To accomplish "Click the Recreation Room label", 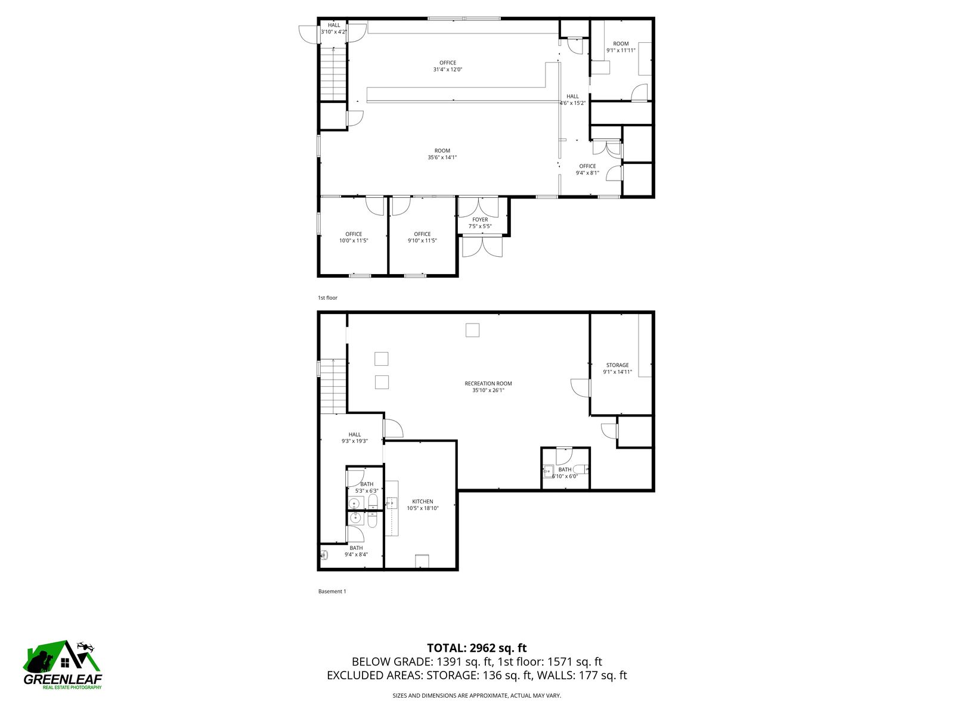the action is pos(488,386).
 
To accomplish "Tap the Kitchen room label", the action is pos(423,505).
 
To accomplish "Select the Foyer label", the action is pos(480,223).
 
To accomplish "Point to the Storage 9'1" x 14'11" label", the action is pos(617,368).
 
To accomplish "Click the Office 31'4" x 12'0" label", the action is pos(447,66).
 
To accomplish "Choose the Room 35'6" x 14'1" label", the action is pos(442,154).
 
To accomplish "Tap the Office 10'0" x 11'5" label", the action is pos(354,237).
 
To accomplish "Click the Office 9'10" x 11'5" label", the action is pos(422,237).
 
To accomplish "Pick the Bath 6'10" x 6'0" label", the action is pos(565,472).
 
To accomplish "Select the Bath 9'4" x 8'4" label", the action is pos(356,551).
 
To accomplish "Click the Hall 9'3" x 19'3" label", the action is pos(355,437).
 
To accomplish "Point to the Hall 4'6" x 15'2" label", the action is pos(572,100).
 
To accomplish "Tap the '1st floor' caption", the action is pos(327,298).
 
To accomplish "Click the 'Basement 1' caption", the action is pos(332,591).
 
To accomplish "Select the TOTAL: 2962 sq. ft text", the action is pos(477,648).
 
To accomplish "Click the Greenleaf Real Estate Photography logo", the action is pos(63,665).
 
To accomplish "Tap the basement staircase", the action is pos(333,386).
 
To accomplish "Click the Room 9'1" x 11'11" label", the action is pos(621,47).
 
